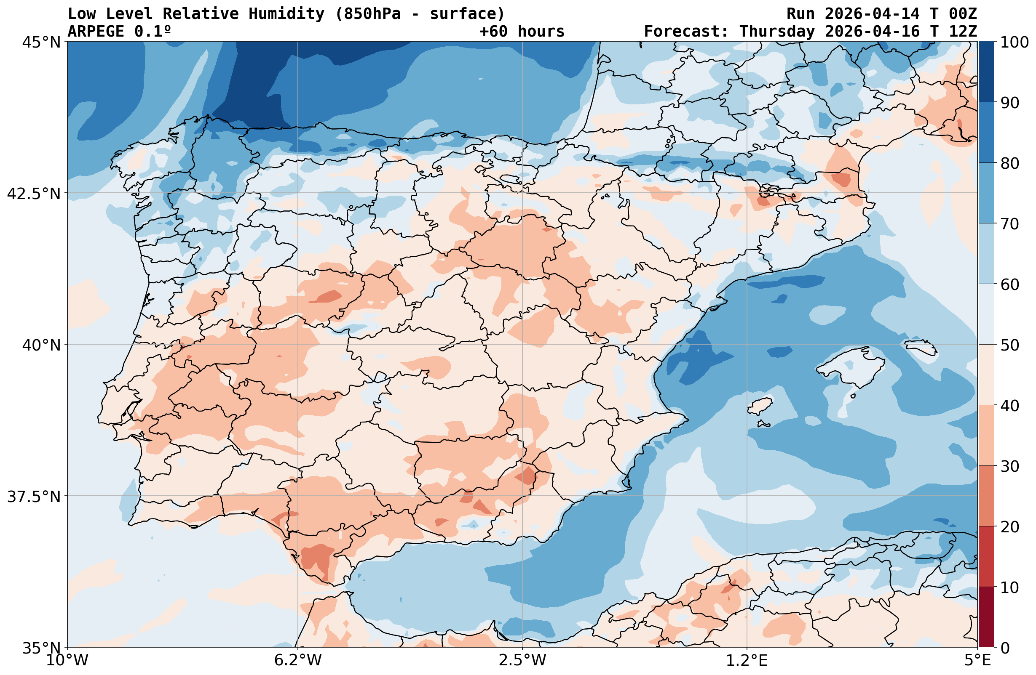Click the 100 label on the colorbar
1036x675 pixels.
(x=1014, y=42)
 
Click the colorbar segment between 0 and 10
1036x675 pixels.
(x=986, y=617)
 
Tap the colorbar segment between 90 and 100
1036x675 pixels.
(x=986, y=72)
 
